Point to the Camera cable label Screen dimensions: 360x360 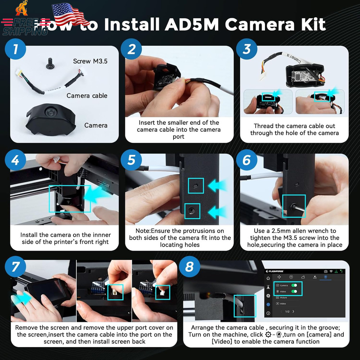click(87, 96)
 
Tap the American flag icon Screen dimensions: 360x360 click(69, 14)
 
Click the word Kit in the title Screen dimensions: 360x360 click(308, 24)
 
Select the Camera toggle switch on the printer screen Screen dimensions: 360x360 click(295, 285)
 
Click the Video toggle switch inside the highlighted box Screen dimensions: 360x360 click(295, 291)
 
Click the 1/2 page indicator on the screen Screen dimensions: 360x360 click(287, 311)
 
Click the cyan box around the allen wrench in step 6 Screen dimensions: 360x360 click(293, 206)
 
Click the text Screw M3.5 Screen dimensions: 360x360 click(90, 61)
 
